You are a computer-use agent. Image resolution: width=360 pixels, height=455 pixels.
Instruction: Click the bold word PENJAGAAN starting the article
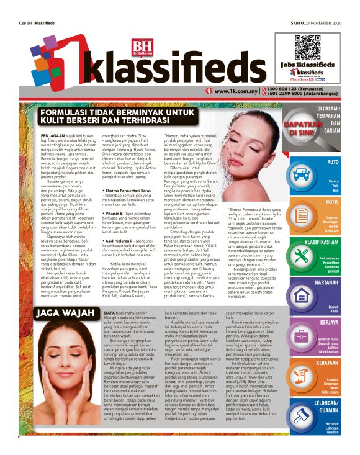(x=52, y=135)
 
